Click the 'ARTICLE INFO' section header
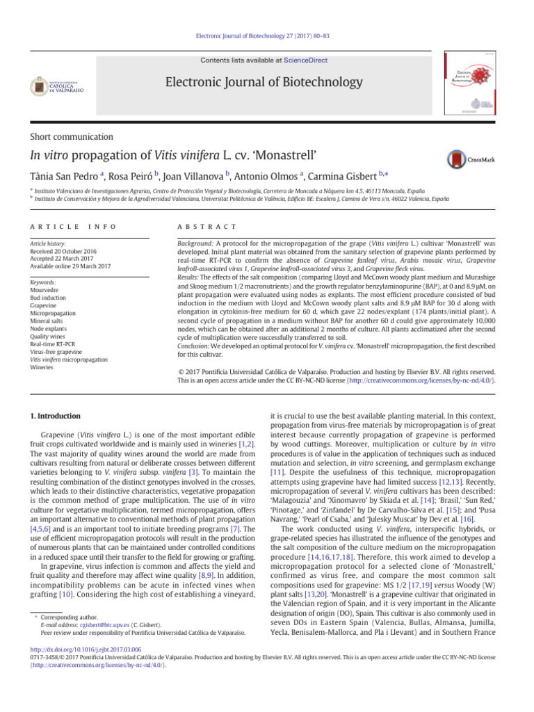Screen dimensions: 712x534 pos(73,227)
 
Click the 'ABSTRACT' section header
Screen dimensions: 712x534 pos(208,227)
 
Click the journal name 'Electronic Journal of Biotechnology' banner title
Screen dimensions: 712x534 pos(264,83)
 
